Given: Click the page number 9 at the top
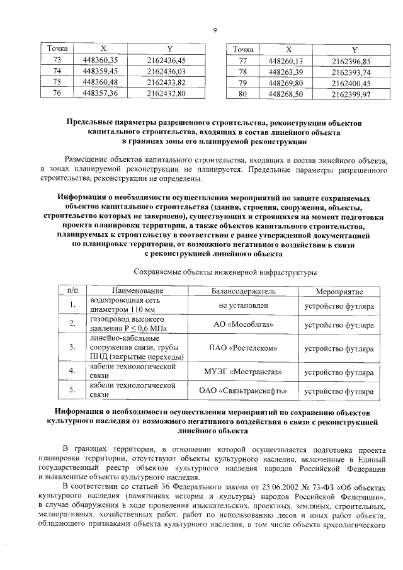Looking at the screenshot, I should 215,30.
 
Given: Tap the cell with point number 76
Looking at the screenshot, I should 57,94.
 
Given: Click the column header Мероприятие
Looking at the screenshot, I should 339,292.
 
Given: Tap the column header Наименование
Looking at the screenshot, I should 137,292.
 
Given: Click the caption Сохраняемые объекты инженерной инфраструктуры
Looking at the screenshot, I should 225,272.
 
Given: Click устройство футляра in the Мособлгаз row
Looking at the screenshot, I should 339,324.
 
